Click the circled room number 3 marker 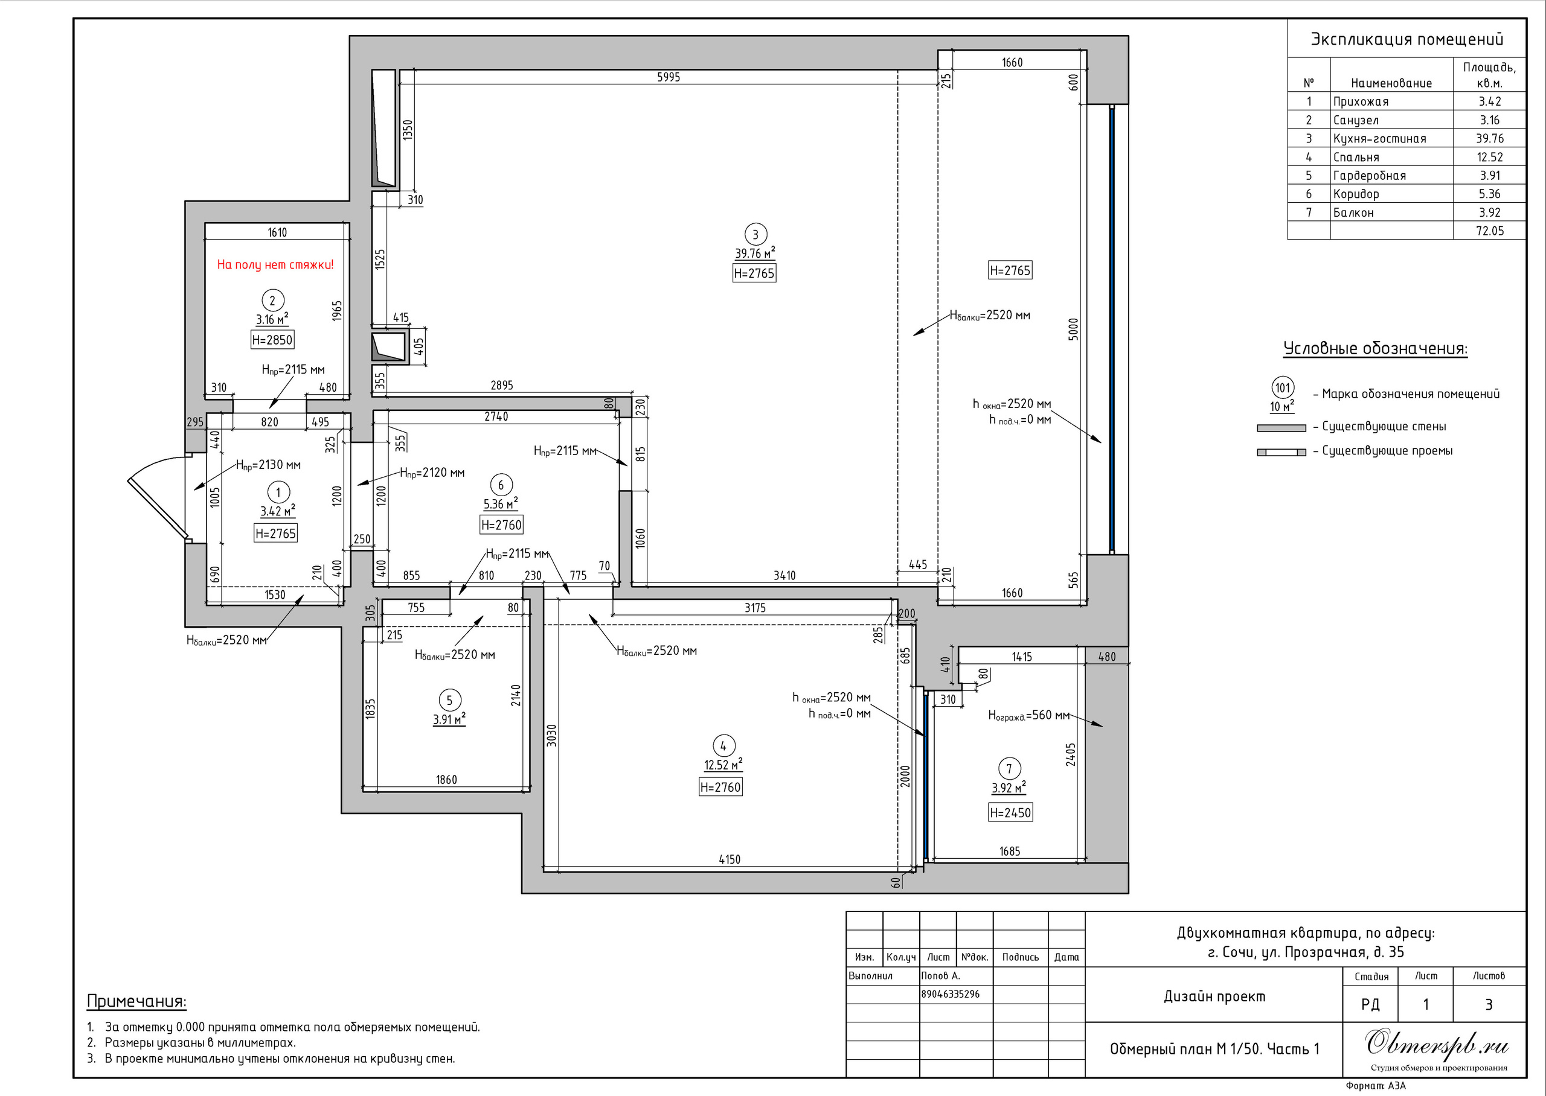click(755, 234)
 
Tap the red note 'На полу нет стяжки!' click(275, 264)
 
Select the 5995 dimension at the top click(669, 77)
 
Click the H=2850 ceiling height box click(272, 339)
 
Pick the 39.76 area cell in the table click(1489, 138)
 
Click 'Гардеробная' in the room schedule click(1369, 176)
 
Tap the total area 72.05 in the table click(1489, 231)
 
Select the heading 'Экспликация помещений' click(1407, 39)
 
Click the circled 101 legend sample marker click(1282, 388)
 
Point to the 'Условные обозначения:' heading click(1375, 349)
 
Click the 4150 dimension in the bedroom click(729, 859)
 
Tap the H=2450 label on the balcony click(1010, 812)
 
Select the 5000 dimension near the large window click(1073, 330)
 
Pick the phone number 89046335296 click(950, 994)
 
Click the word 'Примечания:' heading click(136, 1001)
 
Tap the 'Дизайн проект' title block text click(1214, 996)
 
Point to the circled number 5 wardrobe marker click(450, 700)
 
